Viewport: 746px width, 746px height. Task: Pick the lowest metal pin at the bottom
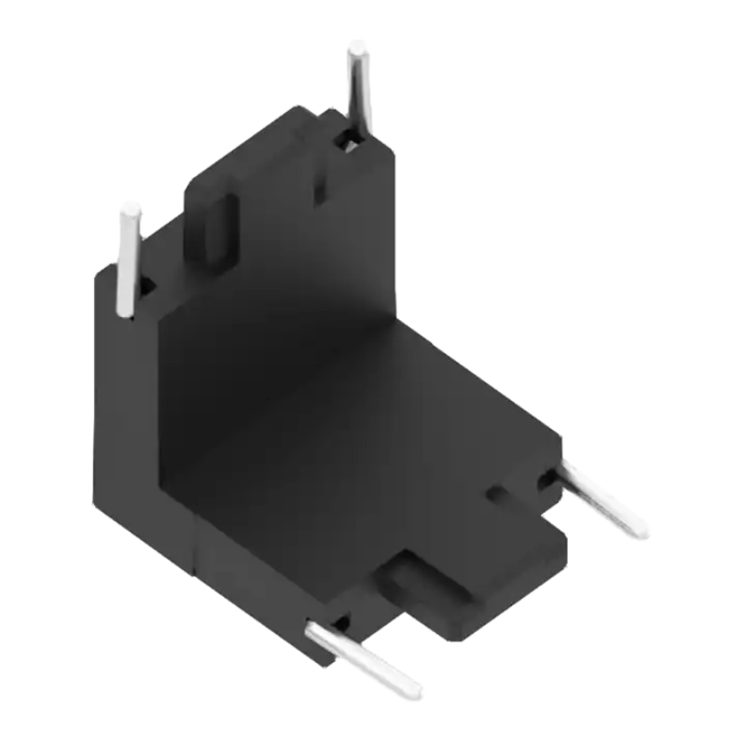pos(364,658)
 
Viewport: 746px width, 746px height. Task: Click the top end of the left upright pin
pos(130,210)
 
